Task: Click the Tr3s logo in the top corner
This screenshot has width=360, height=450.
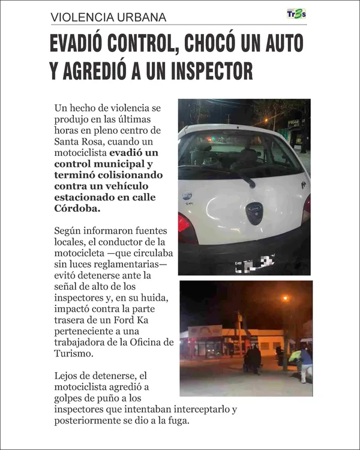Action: [x=296, y=14]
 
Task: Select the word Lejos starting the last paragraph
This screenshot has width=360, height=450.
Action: [x=67, y=376]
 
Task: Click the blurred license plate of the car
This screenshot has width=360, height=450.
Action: [x=254, y=262]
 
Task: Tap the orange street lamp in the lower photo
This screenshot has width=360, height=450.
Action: [x=286, y=298]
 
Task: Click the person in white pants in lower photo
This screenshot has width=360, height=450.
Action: [x=306, y=364]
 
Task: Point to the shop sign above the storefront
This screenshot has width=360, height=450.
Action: [x=206, y=332]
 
